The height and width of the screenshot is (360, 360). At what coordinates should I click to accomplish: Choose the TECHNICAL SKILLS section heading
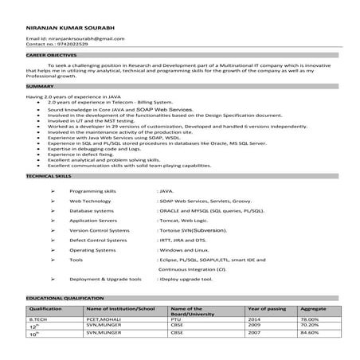[49, 174]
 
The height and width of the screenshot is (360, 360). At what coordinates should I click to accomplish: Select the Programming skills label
[92, 192]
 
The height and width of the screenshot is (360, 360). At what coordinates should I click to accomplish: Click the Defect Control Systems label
[98, 239]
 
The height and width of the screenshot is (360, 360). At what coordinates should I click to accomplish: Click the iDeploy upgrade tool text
[186, 280]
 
